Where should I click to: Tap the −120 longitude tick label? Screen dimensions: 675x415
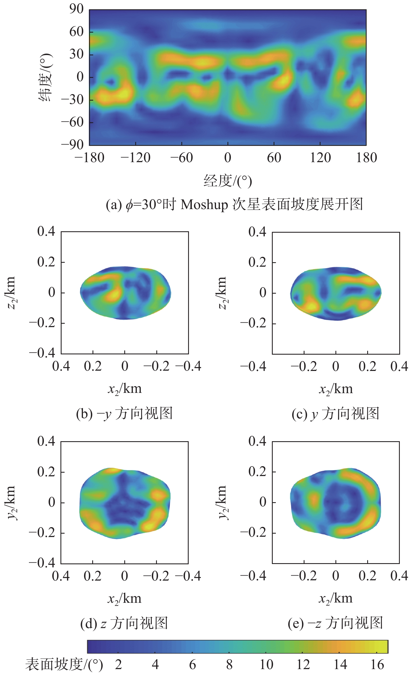(x=136, y=158)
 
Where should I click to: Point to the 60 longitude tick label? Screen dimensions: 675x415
(x=274, y=158)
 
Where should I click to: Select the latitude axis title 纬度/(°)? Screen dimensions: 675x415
(x=46, y=77)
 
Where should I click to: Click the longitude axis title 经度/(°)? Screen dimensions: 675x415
(x=227, y=181)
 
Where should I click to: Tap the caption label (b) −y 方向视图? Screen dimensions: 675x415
(x=124, y=414)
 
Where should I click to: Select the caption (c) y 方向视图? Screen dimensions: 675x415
(x=335, y=414)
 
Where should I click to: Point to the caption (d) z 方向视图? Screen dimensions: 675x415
(x=124, y=623)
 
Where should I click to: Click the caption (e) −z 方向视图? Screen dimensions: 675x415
(x=335, y=623)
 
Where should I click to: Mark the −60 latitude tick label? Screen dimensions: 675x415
(x=73, y=122)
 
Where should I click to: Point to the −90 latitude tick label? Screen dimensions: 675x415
(x=73, y=145)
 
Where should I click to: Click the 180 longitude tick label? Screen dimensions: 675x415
(x=366, y=158)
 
